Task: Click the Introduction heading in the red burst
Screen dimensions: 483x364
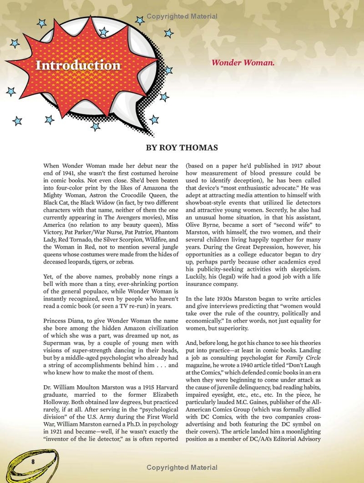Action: pos(78,65)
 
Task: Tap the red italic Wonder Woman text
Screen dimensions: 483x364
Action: pos(243,63)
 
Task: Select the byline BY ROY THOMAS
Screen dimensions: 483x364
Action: pos(182,148)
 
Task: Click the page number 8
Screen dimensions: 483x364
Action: pos(33,461)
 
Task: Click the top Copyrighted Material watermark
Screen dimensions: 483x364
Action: pos(182,17)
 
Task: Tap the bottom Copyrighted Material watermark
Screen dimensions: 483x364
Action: pos(182,467)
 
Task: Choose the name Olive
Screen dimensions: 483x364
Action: pos(195,225)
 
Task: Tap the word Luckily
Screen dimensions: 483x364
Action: pos(197,276)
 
